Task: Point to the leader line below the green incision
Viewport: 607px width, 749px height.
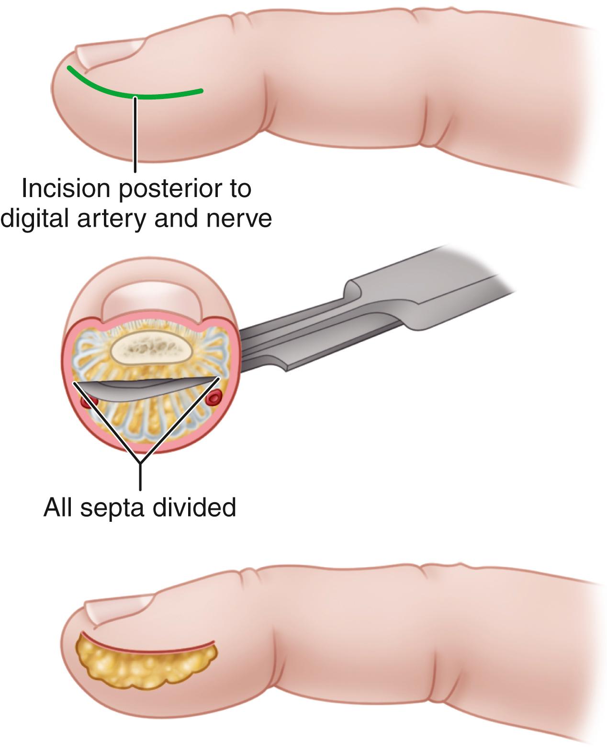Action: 136,134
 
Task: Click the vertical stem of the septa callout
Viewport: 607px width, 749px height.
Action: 140,476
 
